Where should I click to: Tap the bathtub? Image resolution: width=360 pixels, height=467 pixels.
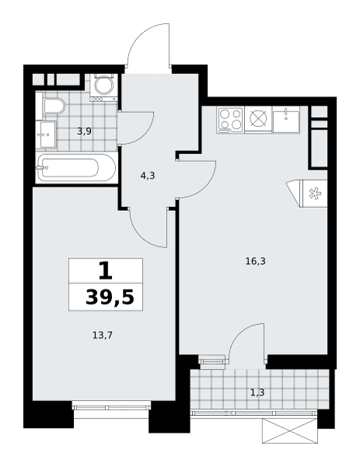point(76,167)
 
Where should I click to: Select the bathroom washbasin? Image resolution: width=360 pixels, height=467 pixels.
point(46,135)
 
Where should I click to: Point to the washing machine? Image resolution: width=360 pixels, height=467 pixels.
point(104,87)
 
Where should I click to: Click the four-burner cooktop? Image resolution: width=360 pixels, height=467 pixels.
point(230,119)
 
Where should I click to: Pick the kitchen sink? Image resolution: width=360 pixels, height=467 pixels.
point(285,119)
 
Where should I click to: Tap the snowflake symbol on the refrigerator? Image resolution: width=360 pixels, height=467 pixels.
point(314,194)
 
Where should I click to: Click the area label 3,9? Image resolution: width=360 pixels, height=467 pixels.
point(84,131)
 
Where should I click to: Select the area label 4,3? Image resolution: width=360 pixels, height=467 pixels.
point(148,176)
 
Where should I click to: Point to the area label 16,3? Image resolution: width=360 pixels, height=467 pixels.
point(255,262)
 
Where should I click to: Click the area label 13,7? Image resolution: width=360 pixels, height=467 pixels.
point(102,335)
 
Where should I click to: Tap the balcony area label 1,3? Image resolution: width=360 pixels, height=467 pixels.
point(257,393)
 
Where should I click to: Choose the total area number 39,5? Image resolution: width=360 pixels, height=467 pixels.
point(110,297)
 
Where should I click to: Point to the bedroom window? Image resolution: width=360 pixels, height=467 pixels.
point(111,406)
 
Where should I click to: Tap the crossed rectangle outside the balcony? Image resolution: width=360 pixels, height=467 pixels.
point(290,430)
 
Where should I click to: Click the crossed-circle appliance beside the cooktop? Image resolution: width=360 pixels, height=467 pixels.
point(258,118)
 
